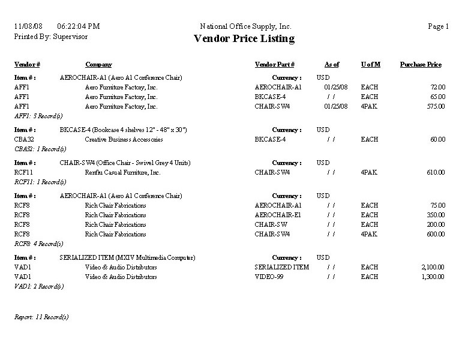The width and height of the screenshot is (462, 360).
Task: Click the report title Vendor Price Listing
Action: (x=244, y=39)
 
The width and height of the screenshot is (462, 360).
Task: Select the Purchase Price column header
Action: (x=421, y=65)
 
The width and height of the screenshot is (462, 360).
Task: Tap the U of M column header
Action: (x=370, y=65)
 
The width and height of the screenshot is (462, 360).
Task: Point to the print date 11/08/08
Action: (x=28, y=26)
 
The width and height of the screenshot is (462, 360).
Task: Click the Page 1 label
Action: (x=438, y=26)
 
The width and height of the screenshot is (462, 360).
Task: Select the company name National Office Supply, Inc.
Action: (x=245, y=26)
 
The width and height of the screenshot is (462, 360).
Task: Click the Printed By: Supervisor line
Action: (x=50, y=37)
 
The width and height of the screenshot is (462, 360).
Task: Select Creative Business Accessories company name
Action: (x=124, y=139)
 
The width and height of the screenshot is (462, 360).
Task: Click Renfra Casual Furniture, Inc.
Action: (x=122, y=172)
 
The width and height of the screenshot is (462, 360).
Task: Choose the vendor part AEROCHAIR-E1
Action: (x=278, y=215)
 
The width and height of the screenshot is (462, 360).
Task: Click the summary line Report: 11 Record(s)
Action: (x=41, y=317)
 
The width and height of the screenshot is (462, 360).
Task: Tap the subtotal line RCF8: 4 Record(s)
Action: (x=38, y=244)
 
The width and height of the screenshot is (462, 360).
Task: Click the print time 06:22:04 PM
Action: (x=79, y=26)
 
